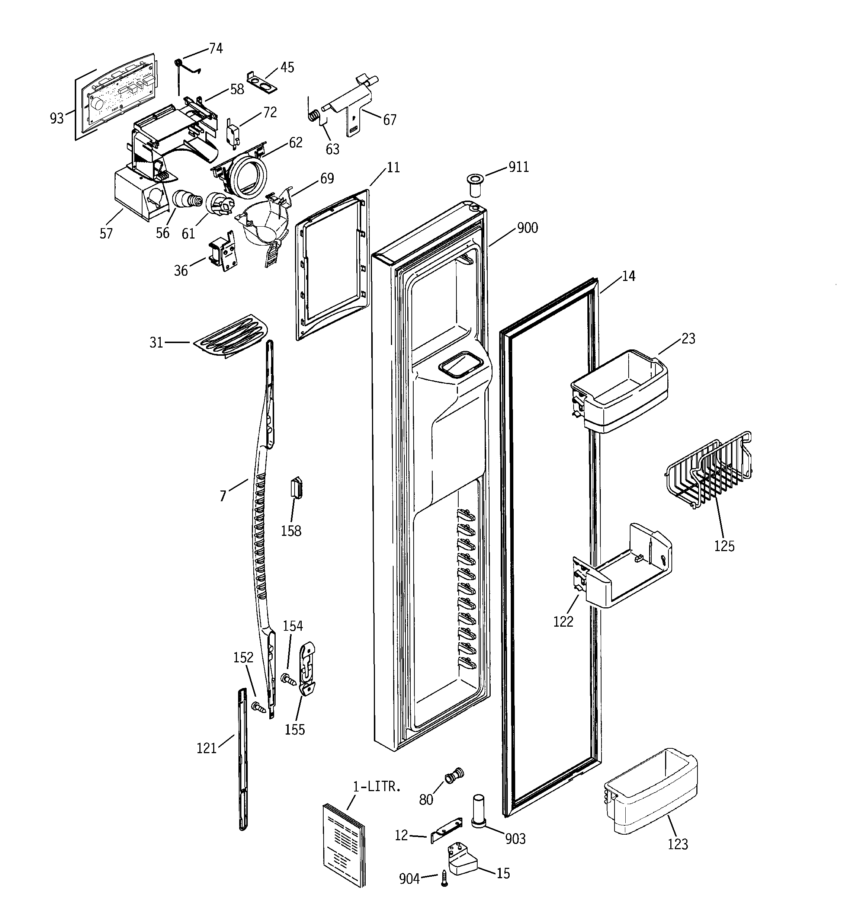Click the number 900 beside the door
527,228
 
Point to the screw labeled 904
444,878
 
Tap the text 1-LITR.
376,787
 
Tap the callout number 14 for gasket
628,276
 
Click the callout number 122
563,621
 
